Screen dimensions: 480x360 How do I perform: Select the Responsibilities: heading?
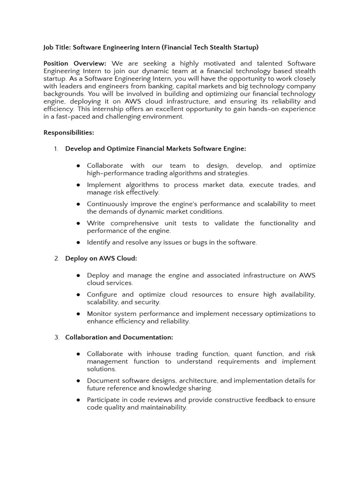pos(68,133)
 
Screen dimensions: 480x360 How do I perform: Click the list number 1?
pos(56,149)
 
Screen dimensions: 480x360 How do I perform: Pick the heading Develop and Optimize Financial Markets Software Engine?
pos(155,149)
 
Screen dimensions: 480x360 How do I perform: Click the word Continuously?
pos(109,204)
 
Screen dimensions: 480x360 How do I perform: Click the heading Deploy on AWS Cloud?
pos(101,258)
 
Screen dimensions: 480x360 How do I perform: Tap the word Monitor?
pos(100,314)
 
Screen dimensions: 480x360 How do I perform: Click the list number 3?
pos(56,337)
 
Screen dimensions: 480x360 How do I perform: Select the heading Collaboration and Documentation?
pos(119,337)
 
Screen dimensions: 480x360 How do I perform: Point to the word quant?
pos(242,354)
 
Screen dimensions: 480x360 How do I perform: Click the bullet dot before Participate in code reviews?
pos(78,400)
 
